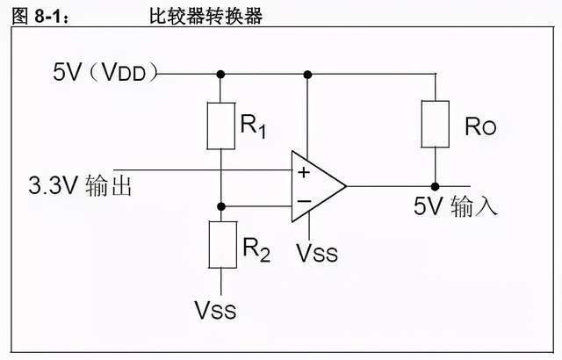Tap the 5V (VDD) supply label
pyautogui.click(x=104, y=73)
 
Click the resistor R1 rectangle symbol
pyautogui.click(x=220, y=126)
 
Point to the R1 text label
pyautogui.click(x=254, y=127)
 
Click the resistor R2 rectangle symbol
pyautogui.click(x=220, y=245)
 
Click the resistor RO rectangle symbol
pyautogui.click(x=435, y=124)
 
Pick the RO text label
pyautogui.click(x=479, y=127)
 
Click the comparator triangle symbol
pyautogui.click(x=316, y=186)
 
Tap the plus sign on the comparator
pyautogui.click(x=304, y=172)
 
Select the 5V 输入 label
pyautogui.click(x=456, y=208)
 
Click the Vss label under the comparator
pyautogui.click(x=316, y=254)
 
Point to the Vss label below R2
pyautogui.click(x=216, y=310)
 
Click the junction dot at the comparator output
pyautogui.click(x=435, y=186)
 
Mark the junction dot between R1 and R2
pyautogui.click(x=220, y=206)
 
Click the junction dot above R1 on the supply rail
pyautogui.click(x=220, y=73)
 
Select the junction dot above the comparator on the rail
pyautogui.click(x=307, y=73)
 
